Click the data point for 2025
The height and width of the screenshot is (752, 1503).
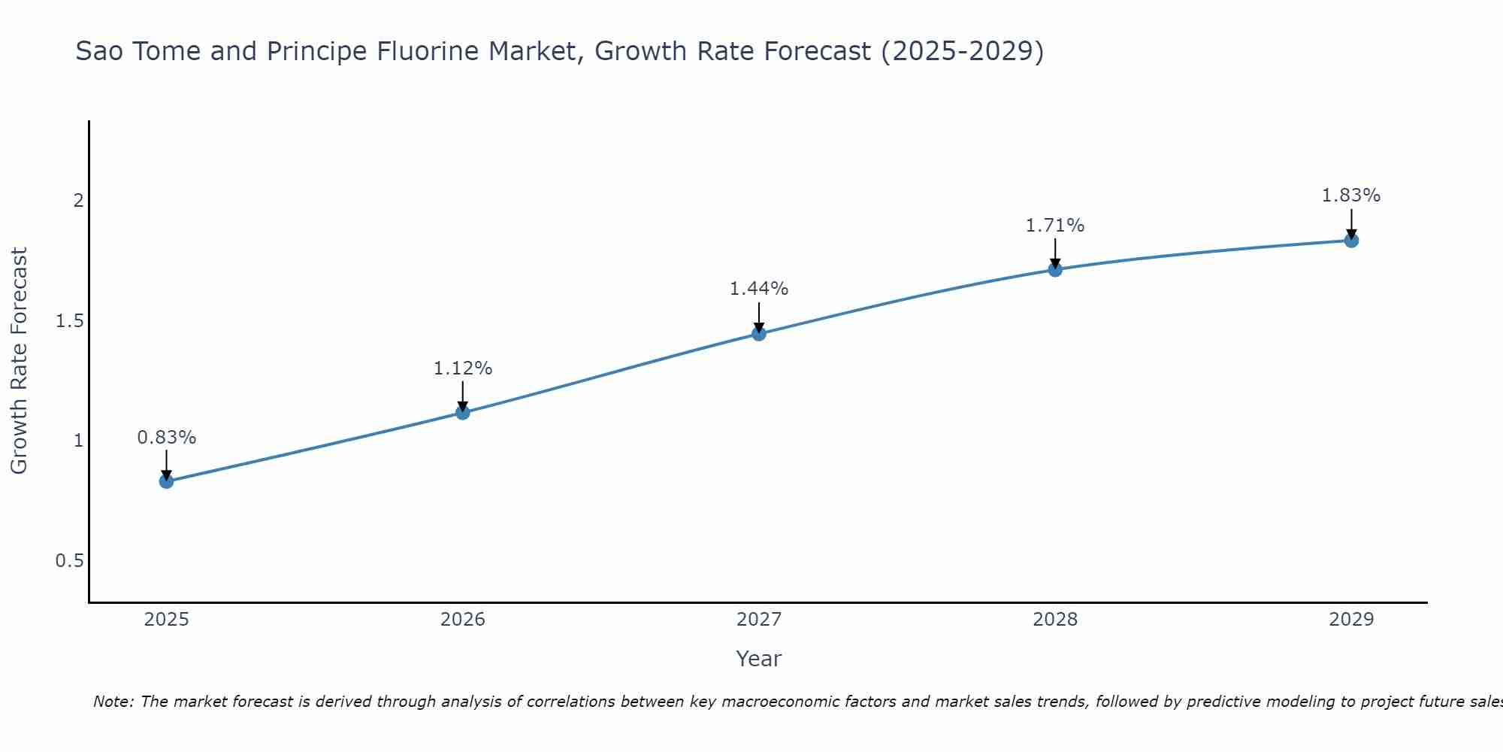(166, 481)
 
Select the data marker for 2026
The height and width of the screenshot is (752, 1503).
(463, 412)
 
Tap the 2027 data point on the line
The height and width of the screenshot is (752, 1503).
(759, 334)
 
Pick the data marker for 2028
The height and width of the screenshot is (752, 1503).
(1055, 269)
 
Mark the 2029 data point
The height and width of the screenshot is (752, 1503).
(1351, 241)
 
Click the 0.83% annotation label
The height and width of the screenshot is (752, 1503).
(166, 438)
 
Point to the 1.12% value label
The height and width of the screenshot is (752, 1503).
(463, 368)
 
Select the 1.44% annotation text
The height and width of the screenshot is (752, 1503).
(759, 289)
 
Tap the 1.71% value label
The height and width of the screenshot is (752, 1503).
(1055, 226)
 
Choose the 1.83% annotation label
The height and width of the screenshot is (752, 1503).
(1351, 196)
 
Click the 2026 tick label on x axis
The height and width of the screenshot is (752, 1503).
(463, 620)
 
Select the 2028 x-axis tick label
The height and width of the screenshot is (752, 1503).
(1055, 620)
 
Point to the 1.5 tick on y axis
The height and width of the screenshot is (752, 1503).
(69, 321)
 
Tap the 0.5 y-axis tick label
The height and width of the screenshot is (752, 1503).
(69, 561)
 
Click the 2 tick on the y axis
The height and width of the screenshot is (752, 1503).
(77, 201)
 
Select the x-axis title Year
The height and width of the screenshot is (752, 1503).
(758, 659)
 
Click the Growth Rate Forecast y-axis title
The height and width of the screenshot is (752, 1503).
(19, 361)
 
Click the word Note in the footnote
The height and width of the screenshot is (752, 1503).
(113, 702)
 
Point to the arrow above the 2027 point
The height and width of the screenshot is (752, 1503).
(759, 316)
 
